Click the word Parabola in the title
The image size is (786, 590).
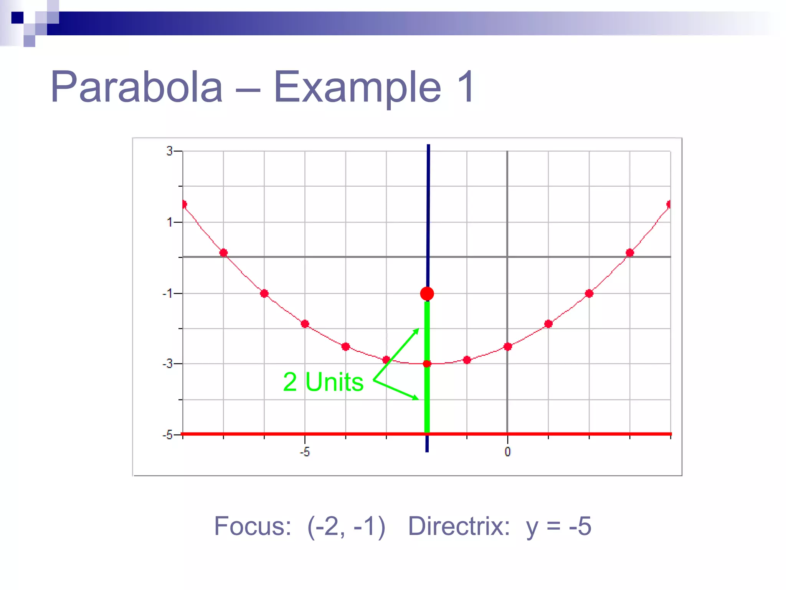(137, 87)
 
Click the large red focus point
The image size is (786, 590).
(427, 294)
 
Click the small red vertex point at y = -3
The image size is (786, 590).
(427, 364)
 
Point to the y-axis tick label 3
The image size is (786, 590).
(170, 151)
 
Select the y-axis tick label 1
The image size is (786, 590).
(170, 222)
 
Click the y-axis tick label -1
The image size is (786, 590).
(167, 294)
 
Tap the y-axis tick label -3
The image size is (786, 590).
(167, 364)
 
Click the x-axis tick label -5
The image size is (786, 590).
(304, 452)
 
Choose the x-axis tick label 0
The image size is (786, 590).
(507, 452)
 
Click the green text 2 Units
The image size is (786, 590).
(323, 382)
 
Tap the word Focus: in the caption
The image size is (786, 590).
(253, 526)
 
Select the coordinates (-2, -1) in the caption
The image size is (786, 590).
(346, 526)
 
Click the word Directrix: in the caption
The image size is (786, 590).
(459, 526)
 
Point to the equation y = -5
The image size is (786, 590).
(559, 526)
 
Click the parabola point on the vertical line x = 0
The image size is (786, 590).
(507, 347)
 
